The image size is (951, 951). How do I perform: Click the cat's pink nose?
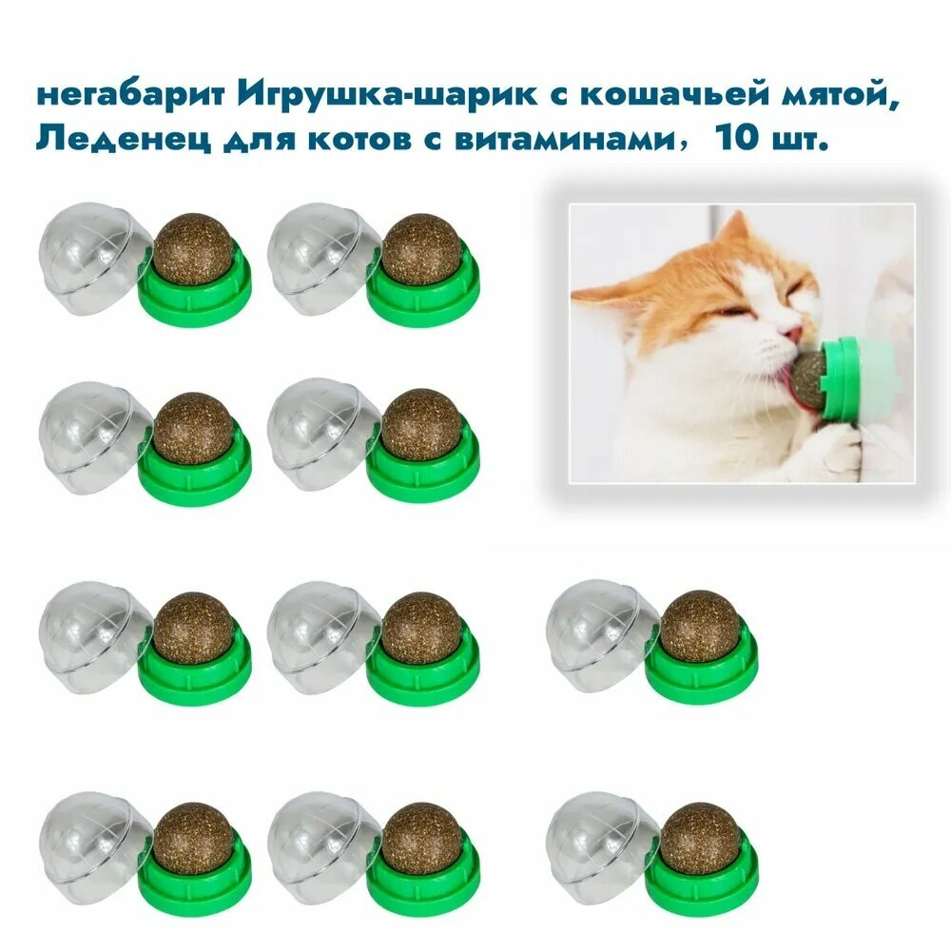[x=791, y=333]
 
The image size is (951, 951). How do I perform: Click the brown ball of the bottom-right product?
[x=699, y=838]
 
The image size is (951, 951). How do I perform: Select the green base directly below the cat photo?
[x=702, y=670]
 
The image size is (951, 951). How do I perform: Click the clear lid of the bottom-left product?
[x=88, y=838]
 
